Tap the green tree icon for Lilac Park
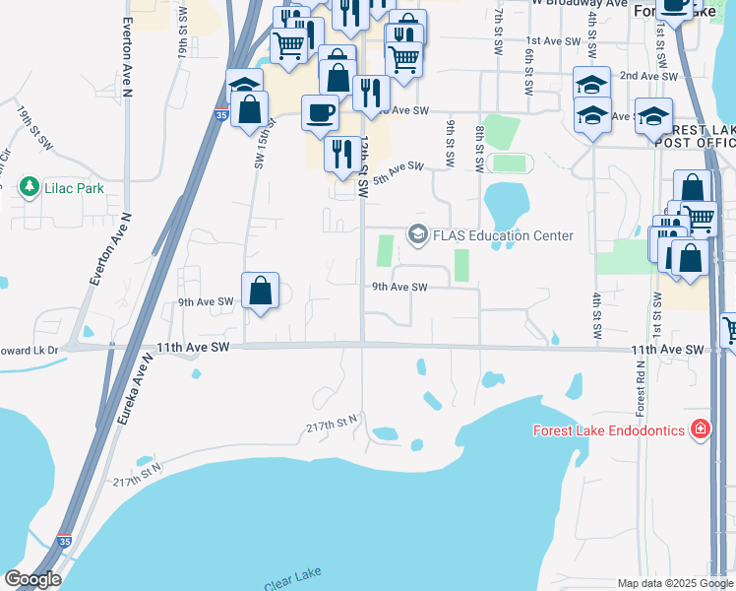[x=30, y=185]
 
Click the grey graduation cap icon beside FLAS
[x=416, y=234]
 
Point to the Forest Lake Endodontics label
[x=610, y=429]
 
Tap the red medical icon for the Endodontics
[x=700, y=429]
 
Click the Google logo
[x=31, y=578]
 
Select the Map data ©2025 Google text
[x=673, y=583]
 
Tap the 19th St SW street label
[x=34, y=129]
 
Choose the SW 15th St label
[x=261, y=148]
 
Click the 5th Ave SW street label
[x=398, y=170]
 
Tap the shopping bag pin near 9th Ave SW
[x=260, y=292]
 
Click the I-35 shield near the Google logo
[x=64, y=541]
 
